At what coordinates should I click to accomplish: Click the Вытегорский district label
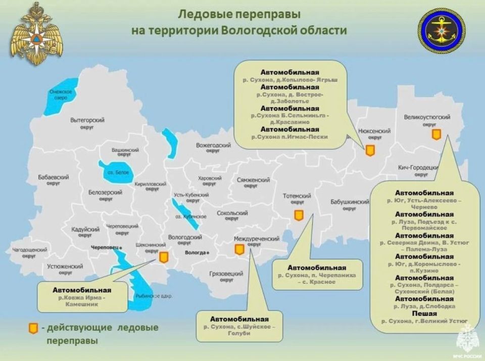(x=87, y=121)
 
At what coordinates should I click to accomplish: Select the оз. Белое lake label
(x=118, y=173)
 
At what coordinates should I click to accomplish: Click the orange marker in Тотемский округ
(x=299, y=216)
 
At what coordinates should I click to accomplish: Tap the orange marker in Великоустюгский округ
(x=436, y=134)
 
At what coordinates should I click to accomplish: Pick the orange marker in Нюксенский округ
(x=370, y=150)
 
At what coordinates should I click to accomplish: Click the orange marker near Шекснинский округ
(x=164, y=257)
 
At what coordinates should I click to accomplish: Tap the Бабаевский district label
(x=53, y=177)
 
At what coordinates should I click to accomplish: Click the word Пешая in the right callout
(x=425, y=313)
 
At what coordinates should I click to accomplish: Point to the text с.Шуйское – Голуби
(x=239, y=330)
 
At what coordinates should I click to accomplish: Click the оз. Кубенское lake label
(x=190, y=216)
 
